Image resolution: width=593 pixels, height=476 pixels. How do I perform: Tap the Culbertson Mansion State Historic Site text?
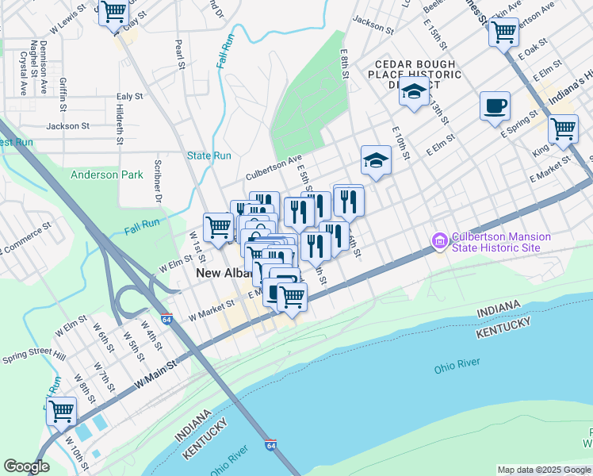point(495,243)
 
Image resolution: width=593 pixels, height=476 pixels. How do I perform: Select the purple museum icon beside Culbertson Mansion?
point(439,239)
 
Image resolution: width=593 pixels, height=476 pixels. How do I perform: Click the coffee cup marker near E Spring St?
point(495,106)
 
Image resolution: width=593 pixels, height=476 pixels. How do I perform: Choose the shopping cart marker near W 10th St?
point(61,413)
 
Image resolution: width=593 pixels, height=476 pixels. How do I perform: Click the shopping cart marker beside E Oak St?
point(503,33)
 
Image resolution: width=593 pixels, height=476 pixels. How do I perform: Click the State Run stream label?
point(209,155)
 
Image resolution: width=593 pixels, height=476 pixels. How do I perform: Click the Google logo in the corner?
point(26,466)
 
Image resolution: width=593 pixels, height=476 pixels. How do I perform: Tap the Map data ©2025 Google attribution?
point(543,470)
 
